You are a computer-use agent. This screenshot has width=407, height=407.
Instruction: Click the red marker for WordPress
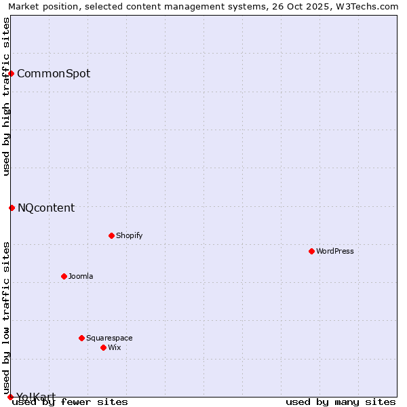[x=311, y=251]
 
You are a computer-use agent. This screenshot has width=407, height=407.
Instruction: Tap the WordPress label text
[x=335, y=252]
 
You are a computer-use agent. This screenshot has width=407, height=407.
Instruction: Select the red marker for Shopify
[x=111, y=235]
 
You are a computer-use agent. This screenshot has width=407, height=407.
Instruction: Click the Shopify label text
[x=129, y=236]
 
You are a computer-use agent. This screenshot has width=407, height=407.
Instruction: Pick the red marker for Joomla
[x=64, y=276]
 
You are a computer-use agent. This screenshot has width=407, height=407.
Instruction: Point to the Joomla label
[x=81, y=277]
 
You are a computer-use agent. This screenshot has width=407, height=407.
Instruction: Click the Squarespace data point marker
[x=81, y=338]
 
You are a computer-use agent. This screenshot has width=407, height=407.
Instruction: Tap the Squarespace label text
[x=109, y=338]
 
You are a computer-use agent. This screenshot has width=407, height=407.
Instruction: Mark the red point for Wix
[x=103, y=347]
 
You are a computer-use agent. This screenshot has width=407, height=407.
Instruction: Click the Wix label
[x=114, y=348]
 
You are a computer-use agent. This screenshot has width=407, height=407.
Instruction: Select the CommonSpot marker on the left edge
[x=12, y=73]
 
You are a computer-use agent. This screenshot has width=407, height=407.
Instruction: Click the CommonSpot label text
[x=54, y=74]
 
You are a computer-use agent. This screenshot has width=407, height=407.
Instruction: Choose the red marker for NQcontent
[x=12, y=208]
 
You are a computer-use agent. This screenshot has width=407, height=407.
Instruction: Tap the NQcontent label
[x=46, y=208]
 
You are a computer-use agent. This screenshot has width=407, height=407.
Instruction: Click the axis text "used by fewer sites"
[x=70, y=402]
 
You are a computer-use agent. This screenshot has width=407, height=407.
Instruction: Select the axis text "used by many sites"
[x=341, y=402]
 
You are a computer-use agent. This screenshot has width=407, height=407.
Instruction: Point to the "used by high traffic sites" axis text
[x=6, y=96]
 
